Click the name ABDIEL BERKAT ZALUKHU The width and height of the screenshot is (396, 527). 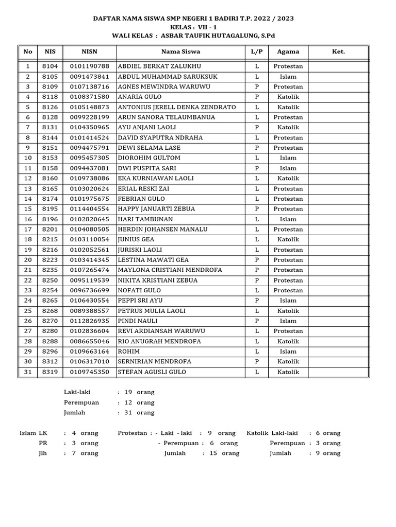point(159,66)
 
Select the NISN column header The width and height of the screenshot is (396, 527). point(89,51)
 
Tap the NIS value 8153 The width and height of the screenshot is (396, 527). point(50,158)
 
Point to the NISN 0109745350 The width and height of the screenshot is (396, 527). point(89,372)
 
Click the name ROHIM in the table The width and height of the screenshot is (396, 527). point(129,352)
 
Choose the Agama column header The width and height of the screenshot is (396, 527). point(288,51)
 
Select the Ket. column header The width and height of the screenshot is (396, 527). point(338,51)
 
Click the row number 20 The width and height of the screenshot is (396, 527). point(28,260)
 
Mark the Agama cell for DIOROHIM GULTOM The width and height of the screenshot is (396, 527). point(288,158)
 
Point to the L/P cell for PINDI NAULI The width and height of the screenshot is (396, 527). point(256,321)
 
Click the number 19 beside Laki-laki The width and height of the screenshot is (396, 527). point(128,392)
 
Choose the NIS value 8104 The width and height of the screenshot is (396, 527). point(50,66)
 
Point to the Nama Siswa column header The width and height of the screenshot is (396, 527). point(180,51)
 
